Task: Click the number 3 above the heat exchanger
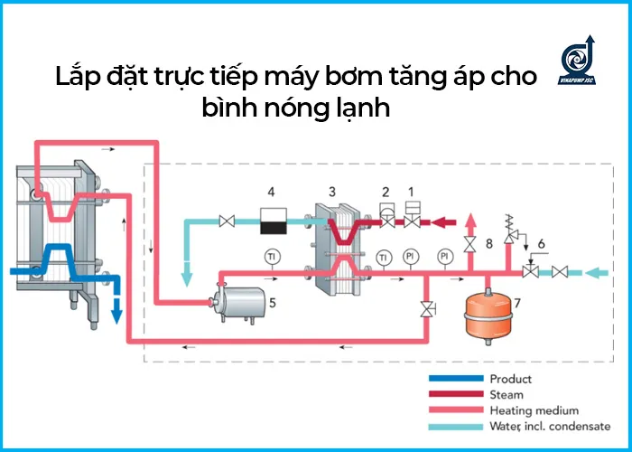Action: point(332,193)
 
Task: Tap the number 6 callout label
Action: point(541,244)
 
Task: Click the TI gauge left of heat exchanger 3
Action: point(271,257)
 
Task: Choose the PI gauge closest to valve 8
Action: point(444,257)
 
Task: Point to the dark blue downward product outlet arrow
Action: point(116,312)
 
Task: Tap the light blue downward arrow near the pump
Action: point(189,275)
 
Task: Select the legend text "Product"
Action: point(510,379)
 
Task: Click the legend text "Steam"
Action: point(507,394)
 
